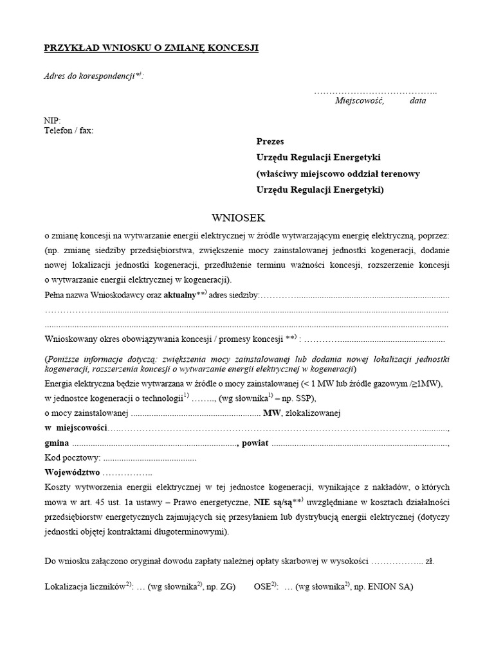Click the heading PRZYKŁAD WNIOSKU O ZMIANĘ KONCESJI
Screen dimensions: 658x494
coord(151,48)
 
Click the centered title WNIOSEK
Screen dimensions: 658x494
coord(238,218)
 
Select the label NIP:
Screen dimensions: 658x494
coord(52,121)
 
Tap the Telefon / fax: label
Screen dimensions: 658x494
coord(68,130)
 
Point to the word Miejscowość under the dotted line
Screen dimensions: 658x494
coord(359,101)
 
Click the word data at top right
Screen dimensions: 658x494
coord(417,101)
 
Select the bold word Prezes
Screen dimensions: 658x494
coord(270,141)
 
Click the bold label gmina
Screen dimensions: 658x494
coord(57,443)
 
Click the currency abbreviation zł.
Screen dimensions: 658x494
coord(430,561)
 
